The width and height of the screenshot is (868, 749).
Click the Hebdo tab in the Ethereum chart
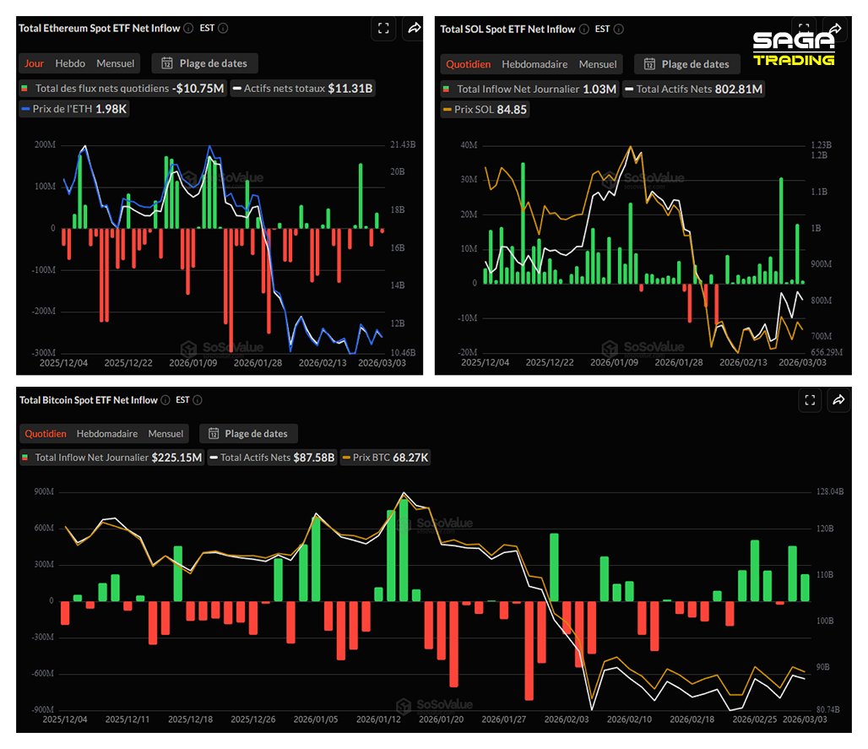70,63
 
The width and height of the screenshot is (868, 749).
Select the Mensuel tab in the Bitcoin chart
165,433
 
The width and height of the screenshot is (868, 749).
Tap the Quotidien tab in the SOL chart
467,64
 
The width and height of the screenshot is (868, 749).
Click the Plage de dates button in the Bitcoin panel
248,433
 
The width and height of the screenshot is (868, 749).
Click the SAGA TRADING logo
794,49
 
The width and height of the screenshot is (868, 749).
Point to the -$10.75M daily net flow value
198,88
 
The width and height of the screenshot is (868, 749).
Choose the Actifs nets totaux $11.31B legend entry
303,88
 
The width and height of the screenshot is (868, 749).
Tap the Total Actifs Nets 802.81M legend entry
693,89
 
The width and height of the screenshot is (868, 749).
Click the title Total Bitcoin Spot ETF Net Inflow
89,400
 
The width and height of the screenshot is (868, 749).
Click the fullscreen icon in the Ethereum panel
383,29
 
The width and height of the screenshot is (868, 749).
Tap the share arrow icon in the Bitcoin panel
838,400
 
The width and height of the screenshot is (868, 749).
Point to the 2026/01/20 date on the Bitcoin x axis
442,719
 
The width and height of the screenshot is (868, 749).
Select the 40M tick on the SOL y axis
468,145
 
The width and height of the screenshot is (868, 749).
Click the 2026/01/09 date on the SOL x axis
614,362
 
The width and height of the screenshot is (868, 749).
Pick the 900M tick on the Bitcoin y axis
41,492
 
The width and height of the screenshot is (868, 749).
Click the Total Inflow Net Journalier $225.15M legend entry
111,458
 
